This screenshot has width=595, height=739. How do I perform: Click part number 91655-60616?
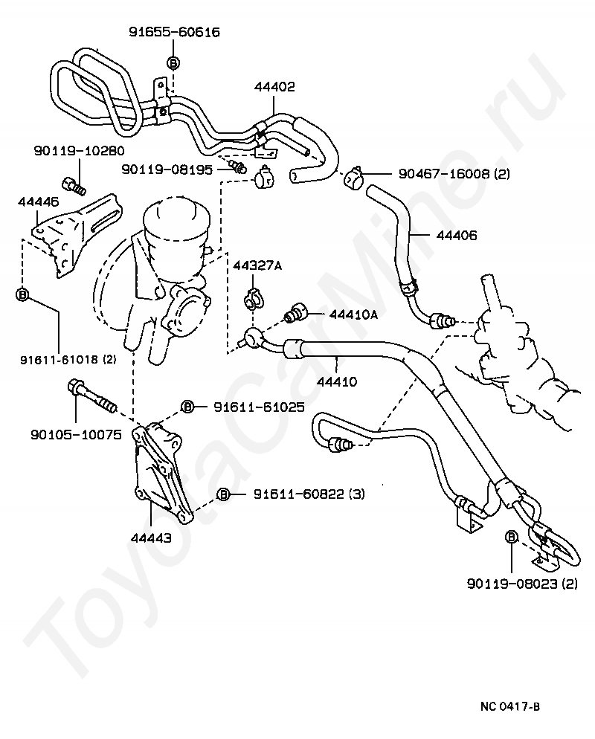175,32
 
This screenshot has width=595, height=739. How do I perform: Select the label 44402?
274,87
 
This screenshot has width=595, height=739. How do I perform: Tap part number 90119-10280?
79,151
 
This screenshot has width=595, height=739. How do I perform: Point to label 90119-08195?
167,170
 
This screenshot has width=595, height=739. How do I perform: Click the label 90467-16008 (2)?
454,174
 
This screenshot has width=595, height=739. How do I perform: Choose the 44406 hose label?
457,235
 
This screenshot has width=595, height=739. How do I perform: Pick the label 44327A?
257,266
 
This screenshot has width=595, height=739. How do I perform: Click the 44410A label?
353,314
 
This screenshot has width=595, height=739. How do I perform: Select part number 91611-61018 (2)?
68,360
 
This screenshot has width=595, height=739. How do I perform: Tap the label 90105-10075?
76,434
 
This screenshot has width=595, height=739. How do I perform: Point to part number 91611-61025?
259,407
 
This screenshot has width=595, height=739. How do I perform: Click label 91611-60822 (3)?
309,494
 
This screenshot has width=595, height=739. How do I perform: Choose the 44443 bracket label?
151,538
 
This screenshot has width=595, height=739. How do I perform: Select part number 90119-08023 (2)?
522,584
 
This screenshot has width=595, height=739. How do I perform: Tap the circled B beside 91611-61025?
188,407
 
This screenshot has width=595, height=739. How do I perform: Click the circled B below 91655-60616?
173,62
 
